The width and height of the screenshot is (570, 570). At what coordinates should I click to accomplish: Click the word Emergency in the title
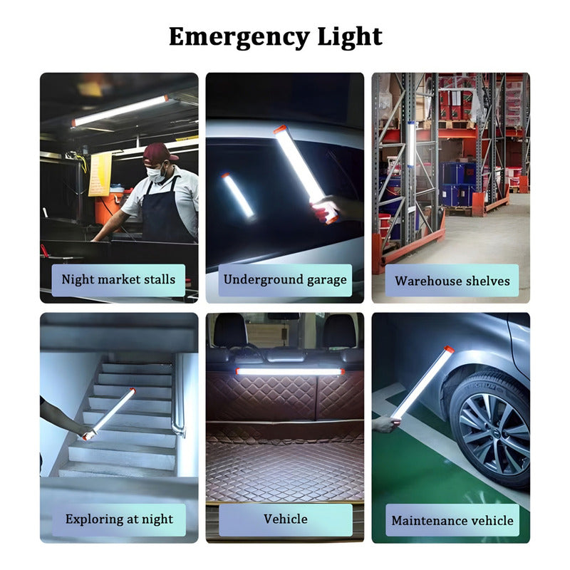(x=239, y=37)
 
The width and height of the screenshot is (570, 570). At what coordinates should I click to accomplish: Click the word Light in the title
(x=350, y=37)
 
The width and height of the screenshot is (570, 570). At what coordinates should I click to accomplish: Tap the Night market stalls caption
(x=118, y=279)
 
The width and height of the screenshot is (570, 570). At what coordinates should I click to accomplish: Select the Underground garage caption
(x=285, y=279)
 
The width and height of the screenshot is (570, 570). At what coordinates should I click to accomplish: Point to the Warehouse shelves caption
(x=452, y=281)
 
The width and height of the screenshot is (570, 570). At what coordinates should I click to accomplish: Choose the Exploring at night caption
(x=119, y=519)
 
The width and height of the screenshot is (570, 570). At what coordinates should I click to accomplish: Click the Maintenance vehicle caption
(x=452, y=520)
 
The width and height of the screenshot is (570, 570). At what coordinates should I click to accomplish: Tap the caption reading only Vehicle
(x=286, y=519)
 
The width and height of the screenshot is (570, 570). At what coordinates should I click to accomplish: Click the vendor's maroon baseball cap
(x=159, y=152)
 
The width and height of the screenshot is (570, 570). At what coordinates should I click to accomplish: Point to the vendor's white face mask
(x=156, y=175)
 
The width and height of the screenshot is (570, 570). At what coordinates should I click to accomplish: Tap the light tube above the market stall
(x=120, y=110)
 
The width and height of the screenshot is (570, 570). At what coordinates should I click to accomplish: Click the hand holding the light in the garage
(x=325, y=208)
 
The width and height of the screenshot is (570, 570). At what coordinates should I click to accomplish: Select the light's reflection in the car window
(x=238, y=195)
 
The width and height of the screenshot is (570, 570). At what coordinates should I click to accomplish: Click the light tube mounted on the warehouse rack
(x=411, y=145)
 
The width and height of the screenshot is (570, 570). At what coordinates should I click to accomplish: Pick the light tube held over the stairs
(x=110, y=414)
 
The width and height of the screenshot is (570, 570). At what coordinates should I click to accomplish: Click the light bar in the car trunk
(x=290, y=371)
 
